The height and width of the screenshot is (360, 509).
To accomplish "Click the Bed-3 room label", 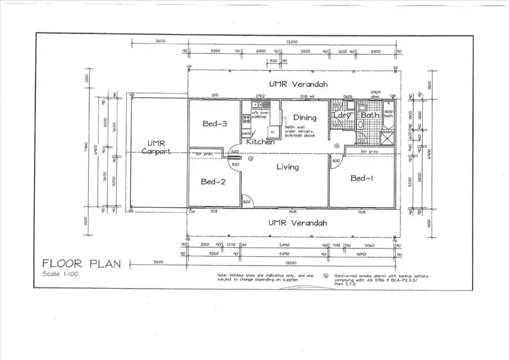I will click(214, 124).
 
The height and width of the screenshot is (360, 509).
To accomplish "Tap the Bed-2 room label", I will click(213, 181).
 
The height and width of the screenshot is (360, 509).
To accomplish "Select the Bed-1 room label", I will click(362, 179).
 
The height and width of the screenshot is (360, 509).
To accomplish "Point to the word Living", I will click(288, 167).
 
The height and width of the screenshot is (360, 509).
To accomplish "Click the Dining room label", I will click(305, 118).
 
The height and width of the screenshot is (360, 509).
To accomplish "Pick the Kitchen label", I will click(260, 142).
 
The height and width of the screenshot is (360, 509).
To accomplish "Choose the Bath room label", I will click(371, 115).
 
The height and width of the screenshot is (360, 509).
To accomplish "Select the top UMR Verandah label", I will click(298, 85).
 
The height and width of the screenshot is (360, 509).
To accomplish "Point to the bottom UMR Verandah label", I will click(298, 223).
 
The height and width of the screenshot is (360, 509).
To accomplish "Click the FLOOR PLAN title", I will click(81, 264).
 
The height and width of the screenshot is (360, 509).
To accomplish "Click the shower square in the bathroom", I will click(387, 136).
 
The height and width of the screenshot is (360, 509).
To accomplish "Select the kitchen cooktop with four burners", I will click(246, 119).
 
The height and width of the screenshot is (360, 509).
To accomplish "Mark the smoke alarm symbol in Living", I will click(251, 159).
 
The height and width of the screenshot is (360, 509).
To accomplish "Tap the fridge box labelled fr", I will click(273, 132).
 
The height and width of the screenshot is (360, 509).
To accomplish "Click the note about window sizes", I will click(257, 278).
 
